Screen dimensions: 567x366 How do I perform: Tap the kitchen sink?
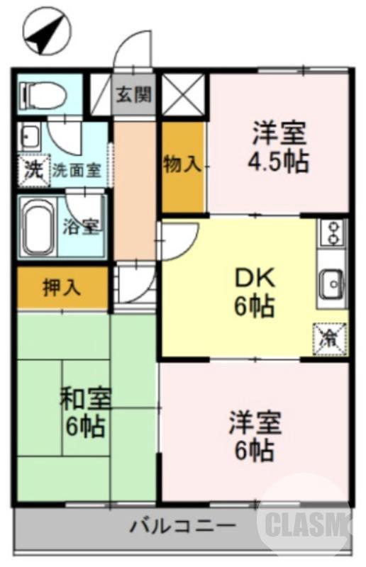click(x=331, y=284)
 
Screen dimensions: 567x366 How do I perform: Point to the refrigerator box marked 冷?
click(x=330, y=336)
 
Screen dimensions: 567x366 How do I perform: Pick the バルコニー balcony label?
click(x=182, y=527)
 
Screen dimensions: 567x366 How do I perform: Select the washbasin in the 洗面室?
click(x=30, y=135)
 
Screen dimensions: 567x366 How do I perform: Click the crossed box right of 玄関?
click(x=182, y=94)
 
